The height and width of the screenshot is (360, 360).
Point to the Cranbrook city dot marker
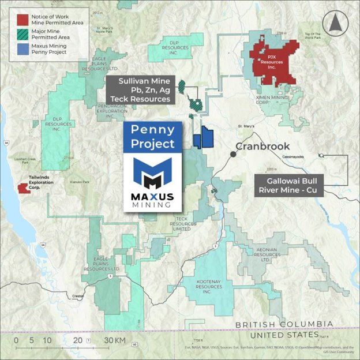click(x=233, y=154)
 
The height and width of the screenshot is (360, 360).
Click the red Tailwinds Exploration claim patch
click(x=24, y=188)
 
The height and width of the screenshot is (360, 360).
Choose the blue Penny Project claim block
click(x=203, y=139)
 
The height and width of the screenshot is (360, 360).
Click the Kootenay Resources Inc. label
click(x=208, y=286)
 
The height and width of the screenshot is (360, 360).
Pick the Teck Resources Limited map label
click(x=182, y=224)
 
